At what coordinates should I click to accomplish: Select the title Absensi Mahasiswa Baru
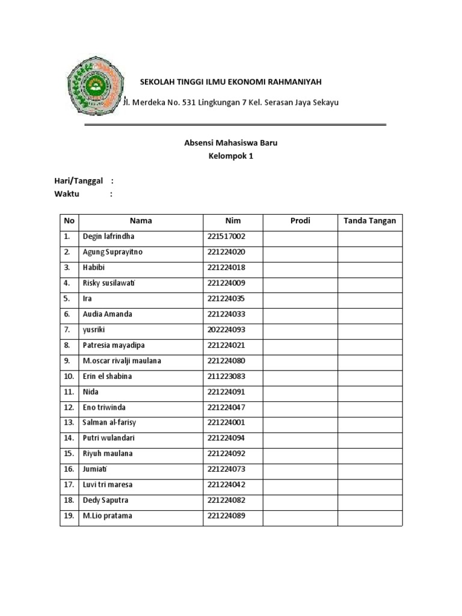(x=231, y=143)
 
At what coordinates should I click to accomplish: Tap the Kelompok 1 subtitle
(x=231, y=156)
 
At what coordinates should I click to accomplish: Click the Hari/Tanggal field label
(x=79, y=181)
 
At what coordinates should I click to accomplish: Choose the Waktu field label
(x=67, y=194)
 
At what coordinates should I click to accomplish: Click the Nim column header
(x=233, y=221)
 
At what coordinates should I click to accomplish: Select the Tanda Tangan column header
(x=369, y=221)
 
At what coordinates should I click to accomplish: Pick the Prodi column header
(x=300, y=221)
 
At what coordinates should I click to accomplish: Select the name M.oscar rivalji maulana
(x=122, y=361)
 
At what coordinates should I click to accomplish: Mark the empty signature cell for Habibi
(x=369, y=268)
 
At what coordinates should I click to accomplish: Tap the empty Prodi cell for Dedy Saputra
(x=300, y=500)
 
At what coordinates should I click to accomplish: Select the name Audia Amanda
(x=107, y=314)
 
